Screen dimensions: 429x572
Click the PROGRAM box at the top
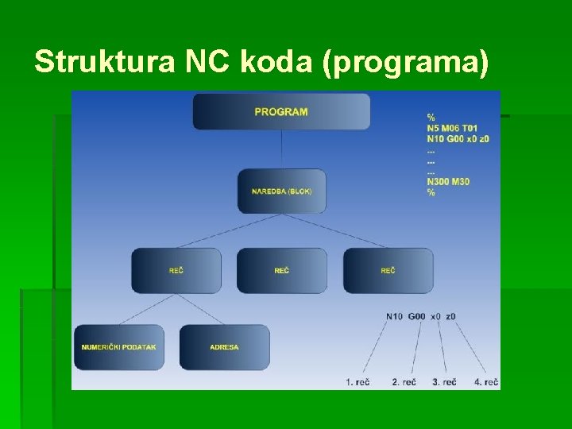click(x=281, y=111)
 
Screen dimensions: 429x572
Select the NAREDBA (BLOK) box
click(x=282, y=191)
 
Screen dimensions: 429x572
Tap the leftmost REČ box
click(x=176, y=271)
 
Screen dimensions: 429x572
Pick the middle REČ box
click(x=282, y=271)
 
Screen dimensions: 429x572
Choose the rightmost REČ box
click(x=388, y=271)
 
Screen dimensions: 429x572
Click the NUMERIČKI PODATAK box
click(x=119, y=347)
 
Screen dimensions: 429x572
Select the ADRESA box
click(x=225, y=347)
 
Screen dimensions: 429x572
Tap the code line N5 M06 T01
click(x=452, y=128)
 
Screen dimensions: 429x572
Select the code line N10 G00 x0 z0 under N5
click(x=458, y=139)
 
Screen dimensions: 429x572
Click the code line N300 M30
click(x=448, y=182)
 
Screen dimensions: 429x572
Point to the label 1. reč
click(x=358, y=382)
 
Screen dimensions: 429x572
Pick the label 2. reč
click(x=404, y=382)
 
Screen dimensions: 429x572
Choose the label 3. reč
click(x=444, y=382)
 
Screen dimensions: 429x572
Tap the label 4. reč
click(x=486, y=382)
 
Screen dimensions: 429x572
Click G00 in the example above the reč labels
click(x=417, y=316)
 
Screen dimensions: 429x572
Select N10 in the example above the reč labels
click(x=395, y=316)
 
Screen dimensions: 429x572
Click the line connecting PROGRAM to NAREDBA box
click(x=282, y=149)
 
